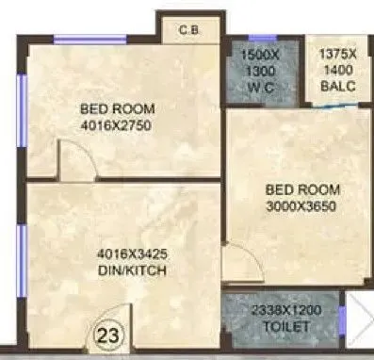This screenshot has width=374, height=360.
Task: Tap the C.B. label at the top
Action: [188, 30]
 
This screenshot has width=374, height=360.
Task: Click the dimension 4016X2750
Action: [116, 123]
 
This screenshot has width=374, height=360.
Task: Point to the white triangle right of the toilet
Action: [359, 319]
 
